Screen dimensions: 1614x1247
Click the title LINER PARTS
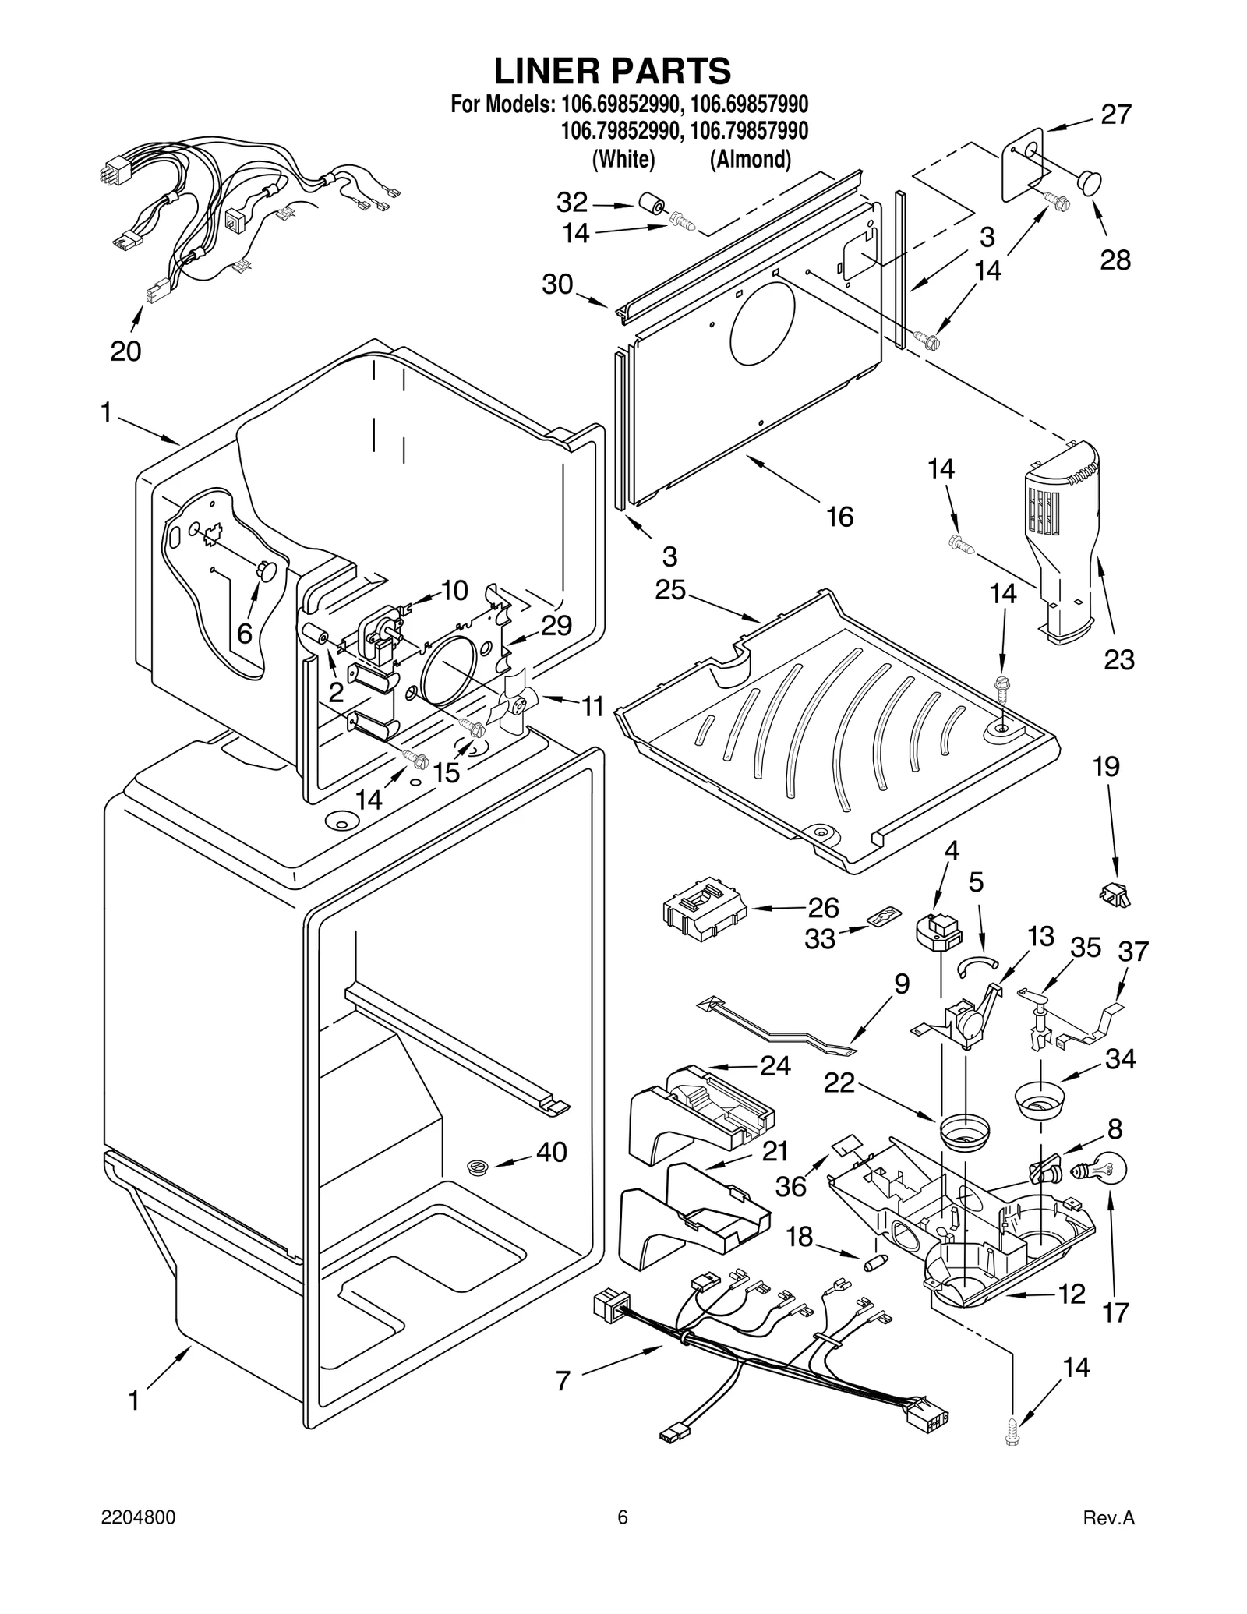click(x=613, y=71)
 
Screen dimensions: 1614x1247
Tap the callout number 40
click(x=552, y=1152)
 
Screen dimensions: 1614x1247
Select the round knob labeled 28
click(x=1090, y=184)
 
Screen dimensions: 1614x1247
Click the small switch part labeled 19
click(x=1115, y=896)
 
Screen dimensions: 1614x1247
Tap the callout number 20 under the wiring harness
click(x=125, y=351)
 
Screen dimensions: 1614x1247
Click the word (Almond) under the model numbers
click(x=750, y=159)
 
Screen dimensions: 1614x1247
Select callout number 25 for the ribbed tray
click(x=670, y=590)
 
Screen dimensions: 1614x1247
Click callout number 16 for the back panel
click(x=839, y=517)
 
